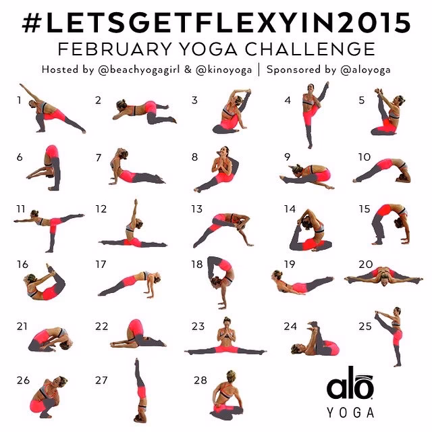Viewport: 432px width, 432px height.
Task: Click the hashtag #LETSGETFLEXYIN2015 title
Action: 216,23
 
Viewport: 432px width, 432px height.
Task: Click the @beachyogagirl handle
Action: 139,70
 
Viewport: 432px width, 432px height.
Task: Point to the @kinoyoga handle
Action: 223,70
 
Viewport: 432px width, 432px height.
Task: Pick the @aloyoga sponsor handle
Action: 366,70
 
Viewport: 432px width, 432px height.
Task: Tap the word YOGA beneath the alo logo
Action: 350,412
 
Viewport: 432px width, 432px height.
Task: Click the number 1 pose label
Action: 19,101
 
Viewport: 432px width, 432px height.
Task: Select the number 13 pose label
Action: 197,209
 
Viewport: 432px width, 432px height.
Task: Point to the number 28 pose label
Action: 200,381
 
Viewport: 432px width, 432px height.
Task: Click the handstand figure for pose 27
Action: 140,391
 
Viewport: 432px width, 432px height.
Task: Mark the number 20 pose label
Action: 366,265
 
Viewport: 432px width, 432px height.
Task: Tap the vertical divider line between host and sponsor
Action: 259,70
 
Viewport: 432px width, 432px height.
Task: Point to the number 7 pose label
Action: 99,158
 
